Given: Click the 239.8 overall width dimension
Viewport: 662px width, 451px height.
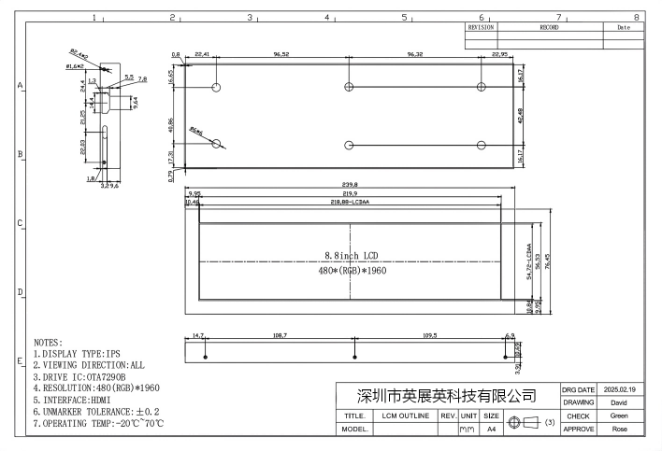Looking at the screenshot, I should tap(350, 185).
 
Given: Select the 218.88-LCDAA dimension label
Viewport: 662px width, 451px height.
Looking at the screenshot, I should tap(350, 202).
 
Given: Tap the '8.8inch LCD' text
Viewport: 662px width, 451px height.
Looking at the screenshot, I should tap(351, 255).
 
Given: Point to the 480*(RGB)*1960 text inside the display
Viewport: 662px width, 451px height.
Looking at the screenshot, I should tap(351, 271).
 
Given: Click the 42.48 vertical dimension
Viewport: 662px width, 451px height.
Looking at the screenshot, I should tap(520, 116).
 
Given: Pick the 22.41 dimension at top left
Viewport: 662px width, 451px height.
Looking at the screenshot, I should tap(202, 56).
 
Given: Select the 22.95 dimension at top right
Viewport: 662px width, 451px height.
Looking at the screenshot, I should tap(499, 56).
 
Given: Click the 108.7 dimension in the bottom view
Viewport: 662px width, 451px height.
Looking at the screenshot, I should tap(279, 334).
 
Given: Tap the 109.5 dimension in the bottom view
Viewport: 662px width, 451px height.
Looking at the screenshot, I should tap(429, 334).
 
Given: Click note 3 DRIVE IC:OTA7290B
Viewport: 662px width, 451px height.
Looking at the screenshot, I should tap(93, 376).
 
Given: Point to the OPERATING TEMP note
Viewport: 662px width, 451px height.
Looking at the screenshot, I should tap(99, 423).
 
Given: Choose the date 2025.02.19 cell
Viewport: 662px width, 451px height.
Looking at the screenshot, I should tap(619, 389).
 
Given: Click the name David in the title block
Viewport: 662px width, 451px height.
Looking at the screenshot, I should tap(619, 402).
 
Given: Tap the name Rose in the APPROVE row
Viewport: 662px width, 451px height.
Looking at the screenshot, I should tap(619, 430).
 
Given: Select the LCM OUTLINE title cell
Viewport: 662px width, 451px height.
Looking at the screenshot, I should tap(405, 416).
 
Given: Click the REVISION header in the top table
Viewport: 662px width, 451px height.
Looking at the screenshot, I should tap(480, 28).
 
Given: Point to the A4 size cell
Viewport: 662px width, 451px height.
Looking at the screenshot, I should tap(492, 430).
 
